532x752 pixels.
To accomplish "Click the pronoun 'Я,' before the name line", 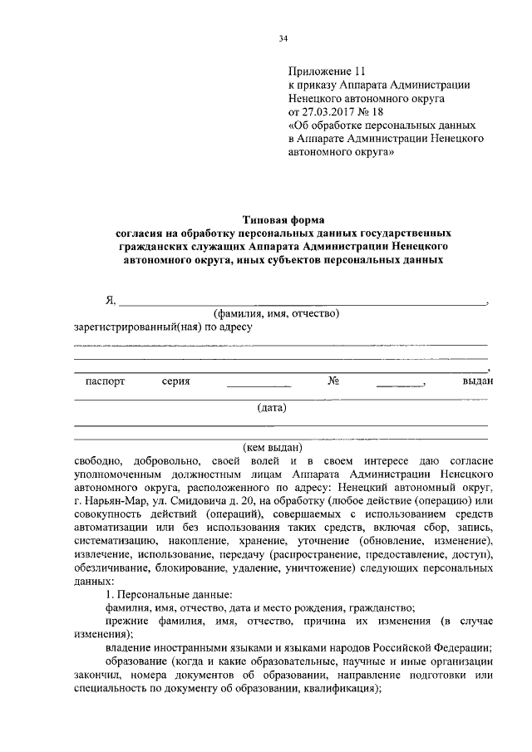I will click(x=110, y=301).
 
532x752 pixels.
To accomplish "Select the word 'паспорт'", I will click(x=105, y=381).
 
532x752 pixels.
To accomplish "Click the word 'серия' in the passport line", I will click(x=176, y=381).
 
